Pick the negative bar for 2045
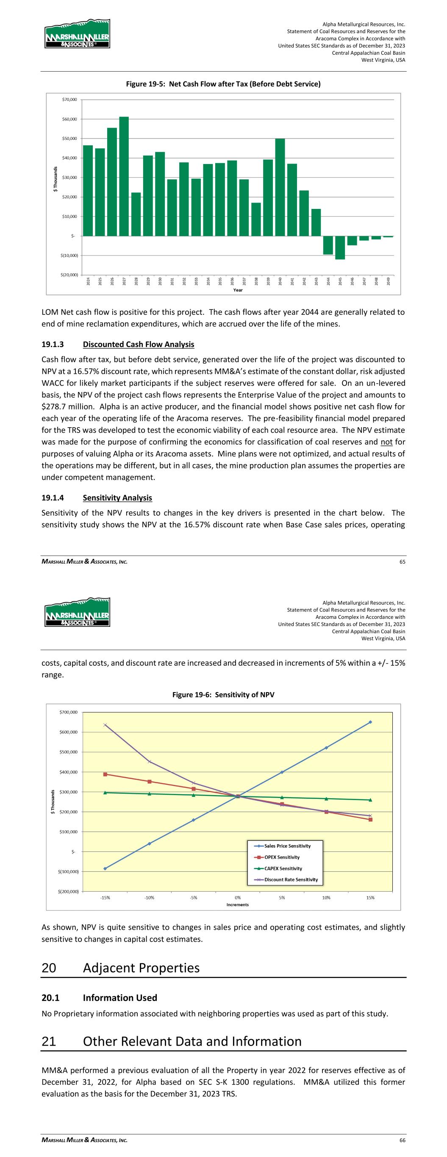tap(340, 248)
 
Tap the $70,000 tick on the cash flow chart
tap(69, 99)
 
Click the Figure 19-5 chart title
tap(223, 84)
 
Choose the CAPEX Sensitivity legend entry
tap(283, 869)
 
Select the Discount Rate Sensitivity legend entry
tap(291, 880)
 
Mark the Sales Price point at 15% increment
tap(370, 722)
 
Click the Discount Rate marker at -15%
tap(105, 725)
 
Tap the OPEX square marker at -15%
tap(105, 774)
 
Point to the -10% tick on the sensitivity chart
tap(149, 898)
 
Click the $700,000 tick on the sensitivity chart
tap(68, 712)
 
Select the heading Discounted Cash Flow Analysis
tap(139, 345)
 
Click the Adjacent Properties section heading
tap(141, 968)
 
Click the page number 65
tap(402, 562)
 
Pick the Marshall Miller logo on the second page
tap(77, 612)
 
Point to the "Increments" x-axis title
tap(237, 904)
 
